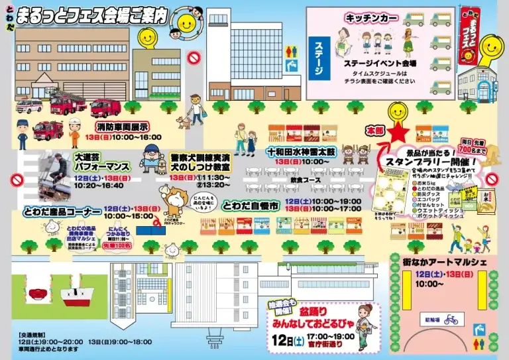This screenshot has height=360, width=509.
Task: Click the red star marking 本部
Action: (x=398, y=134)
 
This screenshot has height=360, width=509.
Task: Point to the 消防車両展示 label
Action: (x=121, y=127)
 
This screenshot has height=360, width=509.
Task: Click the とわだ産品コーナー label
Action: (x=54, y=211)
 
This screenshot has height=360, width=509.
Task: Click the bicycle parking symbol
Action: (x=451, y=320)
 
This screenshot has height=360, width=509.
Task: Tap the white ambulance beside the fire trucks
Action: (x=28, y=106)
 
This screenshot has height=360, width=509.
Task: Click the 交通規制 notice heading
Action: (x=33, y=333)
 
